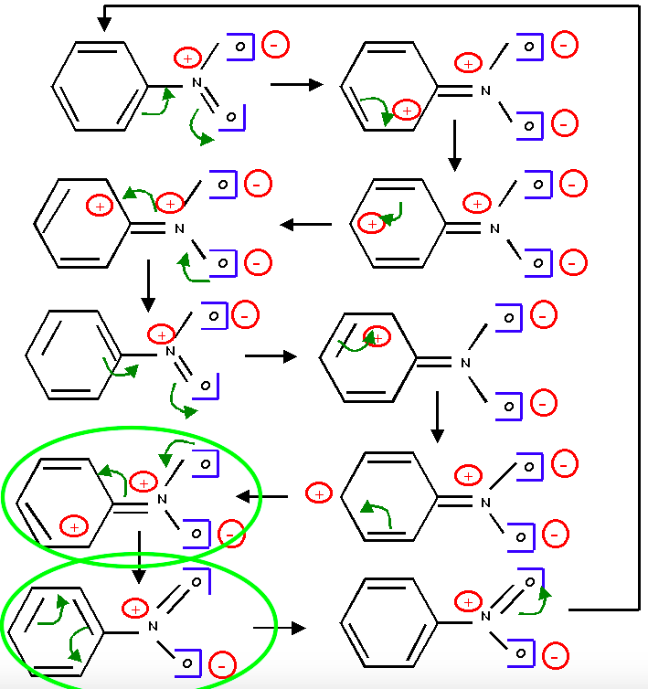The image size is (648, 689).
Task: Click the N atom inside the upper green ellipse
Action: pos(163,498)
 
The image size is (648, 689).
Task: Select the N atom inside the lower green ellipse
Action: pos(154,626)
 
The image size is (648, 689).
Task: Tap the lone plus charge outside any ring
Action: pos(319,493)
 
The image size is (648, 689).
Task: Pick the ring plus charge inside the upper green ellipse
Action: pos(74,525)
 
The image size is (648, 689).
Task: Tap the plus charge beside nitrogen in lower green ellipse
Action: pos(135,608)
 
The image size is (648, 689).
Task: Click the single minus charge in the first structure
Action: pos(275,43)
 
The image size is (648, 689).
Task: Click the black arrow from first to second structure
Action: pos(296,84)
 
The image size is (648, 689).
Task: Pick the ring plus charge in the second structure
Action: pos(407,111)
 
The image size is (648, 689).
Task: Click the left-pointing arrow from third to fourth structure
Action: pos(305,224)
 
